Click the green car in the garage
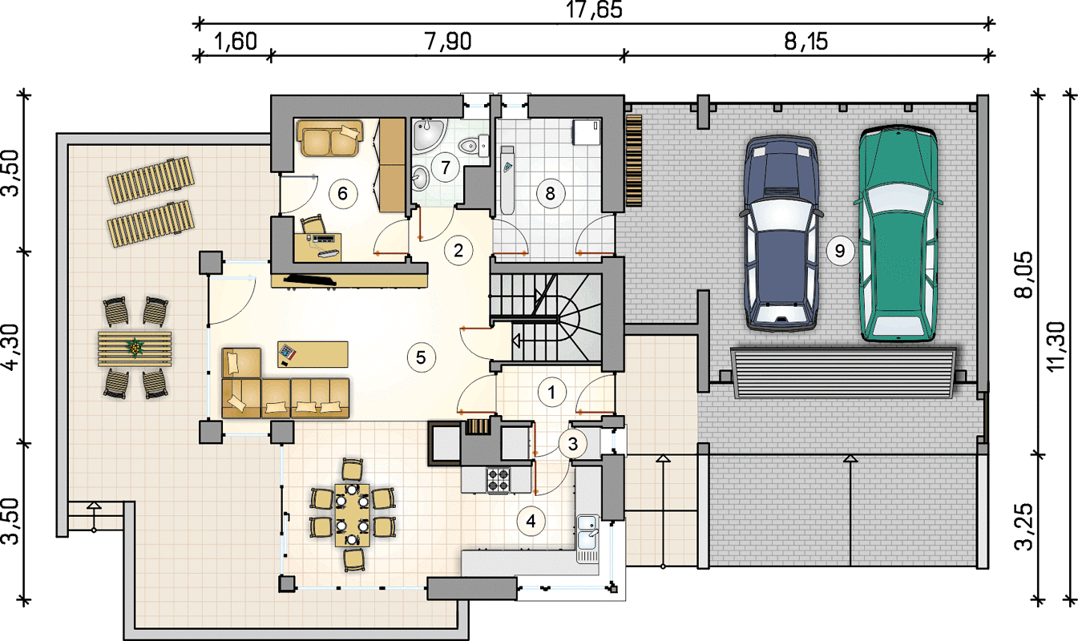pos(898,233)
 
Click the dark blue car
pos(781,233)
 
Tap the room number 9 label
pos(840,251)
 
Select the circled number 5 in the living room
pos(421,357)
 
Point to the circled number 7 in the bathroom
pos(445,167)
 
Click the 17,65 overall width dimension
pos(594,10)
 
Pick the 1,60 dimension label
pos(236,42)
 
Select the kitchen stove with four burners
pos(498,479)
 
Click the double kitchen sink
pos(587,538)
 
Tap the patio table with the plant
pos(135,349)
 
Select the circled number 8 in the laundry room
pos(550,193)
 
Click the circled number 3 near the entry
pos(573,444)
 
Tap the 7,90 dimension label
pos(447,42)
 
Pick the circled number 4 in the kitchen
pos(531,521)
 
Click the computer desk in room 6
pos(317,248)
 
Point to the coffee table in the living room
pos(313,355)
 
